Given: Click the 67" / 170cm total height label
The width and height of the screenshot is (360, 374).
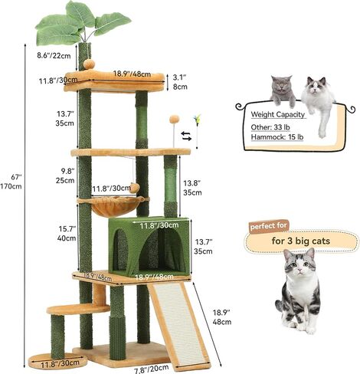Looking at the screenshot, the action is (11, 182).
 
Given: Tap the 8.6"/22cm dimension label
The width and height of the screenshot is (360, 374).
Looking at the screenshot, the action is (54, 55).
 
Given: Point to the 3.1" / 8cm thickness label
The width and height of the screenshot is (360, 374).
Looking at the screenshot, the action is (180, 82).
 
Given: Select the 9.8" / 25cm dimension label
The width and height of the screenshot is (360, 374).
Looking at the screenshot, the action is (65, 176).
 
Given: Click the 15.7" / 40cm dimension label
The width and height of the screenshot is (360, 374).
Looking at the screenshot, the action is (67, 234).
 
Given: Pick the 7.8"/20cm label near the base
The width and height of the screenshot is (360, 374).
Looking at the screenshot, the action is (152, 369).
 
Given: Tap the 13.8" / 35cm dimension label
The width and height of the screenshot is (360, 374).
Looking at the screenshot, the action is (192, 188).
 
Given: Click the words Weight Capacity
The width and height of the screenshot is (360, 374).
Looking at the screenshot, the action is (278, 114).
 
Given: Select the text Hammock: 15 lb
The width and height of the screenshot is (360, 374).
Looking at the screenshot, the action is (277, 137).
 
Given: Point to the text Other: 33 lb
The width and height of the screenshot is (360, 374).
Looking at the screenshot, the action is (270, 127).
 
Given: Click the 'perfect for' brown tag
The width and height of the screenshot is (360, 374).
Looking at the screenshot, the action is (269, 226).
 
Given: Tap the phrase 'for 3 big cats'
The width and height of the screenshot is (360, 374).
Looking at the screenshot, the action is (301, 241).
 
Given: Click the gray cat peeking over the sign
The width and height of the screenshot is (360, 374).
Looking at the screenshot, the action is (282, 90).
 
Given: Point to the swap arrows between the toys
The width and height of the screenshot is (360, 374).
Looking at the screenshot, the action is (187, 136).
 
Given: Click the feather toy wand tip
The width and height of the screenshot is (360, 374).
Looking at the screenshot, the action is (197, 118).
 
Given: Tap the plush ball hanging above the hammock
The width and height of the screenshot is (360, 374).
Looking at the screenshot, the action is (134, 189).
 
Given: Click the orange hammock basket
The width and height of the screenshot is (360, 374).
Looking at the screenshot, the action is (115, 206).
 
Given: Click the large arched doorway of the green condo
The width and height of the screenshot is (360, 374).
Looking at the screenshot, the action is (162, 250).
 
